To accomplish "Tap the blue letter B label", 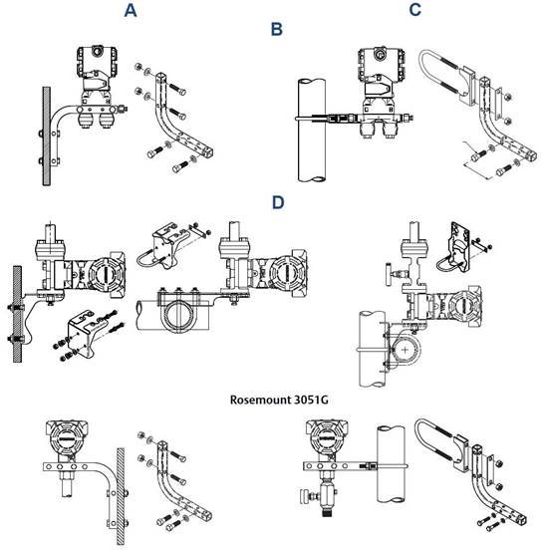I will pyautogui.click(x=277, y=30).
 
